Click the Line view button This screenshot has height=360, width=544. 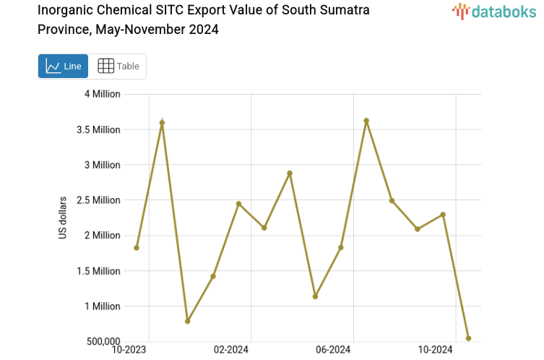(x=63, y=66)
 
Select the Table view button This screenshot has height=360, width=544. (x=118, y=66)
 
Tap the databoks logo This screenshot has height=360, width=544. (x=493, y=11)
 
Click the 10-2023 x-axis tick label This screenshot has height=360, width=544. (x=129, y=350)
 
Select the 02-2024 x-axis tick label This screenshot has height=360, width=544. (x=231, y=350)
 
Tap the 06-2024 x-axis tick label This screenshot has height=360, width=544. (x=334, y=350)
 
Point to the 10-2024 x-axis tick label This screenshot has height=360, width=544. (x=436, y=350)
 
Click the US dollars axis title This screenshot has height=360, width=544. (x=63, y=218)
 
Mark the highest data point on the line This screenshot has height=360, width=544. (x=366, y=121)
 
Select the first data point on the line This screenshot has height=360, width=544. (x=137, y=248)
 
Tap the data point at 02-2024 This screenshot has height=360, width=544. (x=238, y=204)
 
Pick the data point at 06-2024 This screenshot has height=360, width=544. (x=341, y=248)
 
